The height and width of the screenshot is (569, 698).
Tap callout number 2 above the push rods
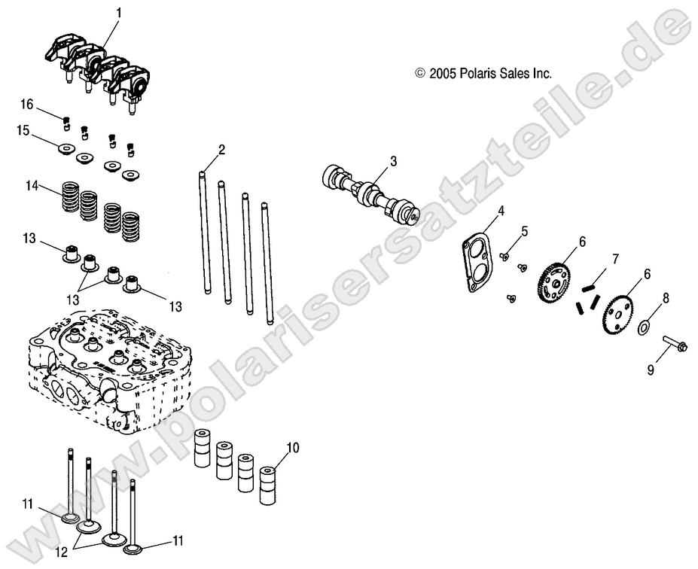pos(221,150)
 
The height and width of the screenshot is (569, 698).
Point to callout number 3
pos(392,161)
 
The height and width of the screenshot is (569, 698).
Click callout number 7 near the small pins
pos(615,260)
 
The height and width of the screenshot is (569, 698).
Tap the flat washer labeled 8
pos(644,327)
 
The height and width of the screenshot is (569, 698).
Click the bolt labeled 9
pos(674,347)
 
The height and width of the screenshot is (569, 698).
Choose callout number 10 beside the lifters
pos(293,448)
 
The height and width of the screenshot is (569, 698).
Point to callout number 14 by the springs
pos(32,185)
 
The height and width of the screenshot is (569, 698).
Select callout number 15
pos(24,130)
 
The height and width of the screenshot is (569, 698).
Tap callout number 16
pos(27,102)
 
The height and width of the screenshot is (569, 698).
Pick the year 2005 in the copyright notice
pos(440,74)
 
